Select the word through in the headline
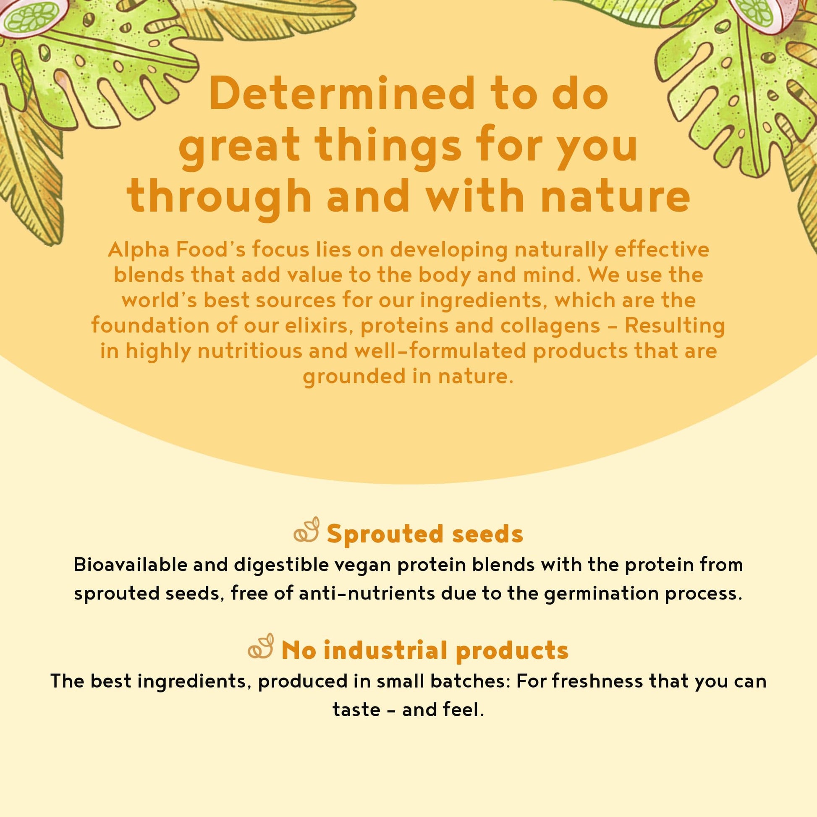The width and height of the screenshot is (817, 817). [x=219, y=196]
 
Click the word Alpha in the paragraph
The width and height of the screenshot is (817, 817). [x=138, y=250]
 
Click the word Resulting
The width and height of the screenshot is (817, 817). [x=675, y=327]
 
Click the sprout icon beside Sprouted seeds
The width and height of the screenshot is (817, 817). [x=306, y=530]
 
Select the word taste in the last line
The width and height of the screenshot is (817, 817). [x=356, y=710]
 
